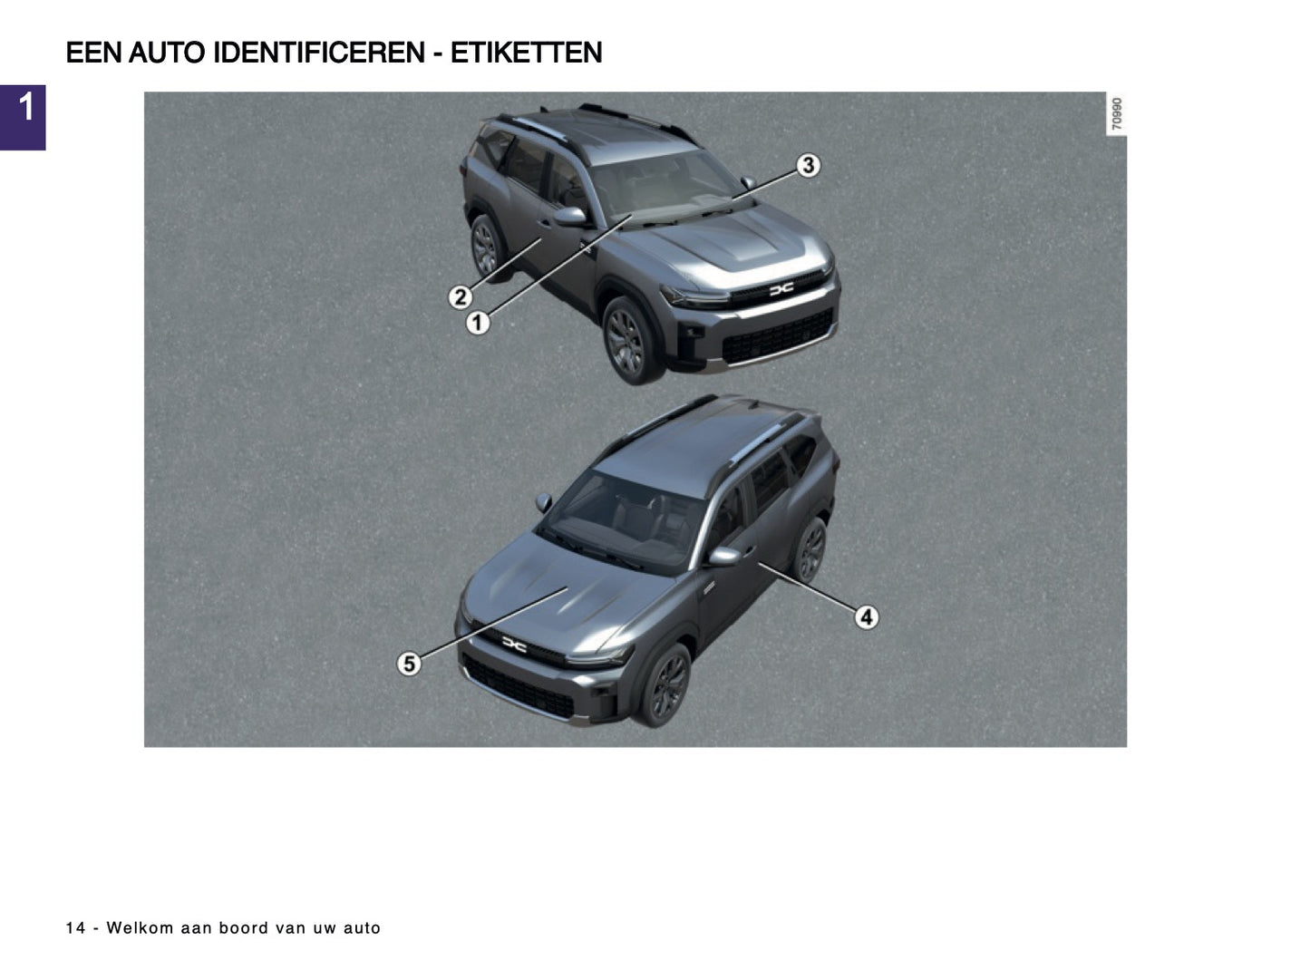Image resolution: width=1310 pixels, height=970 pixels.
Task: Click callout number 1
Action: click(x=478, y=322)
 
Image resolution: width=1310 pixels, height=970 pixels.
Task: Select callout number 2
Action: click(x=461, y=296)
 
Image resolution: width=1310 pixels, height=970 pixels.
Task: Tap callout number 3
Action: click(x=808, y=165)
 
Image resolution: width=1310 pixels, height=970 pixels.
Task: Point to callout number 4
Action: click(x=867, y=617)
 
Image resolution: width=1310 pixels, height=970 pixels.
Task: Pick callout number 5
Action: click(x=410, y=664)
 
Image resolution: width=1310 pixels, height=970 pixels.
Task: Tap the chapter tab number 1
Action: click(x=24, y=109)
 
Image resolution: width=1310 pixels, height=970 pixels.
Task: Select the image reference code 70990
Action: click(x=1117, y=115)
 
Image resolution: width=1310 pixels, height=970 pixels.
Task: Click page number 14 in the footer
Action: click(x=75, y=928)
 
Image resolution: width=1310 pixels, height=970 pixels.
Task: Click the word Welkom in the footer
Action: click(x=134, y=928)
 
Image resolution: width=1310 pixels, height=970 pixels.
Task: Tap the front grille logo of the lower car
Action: click(x=515, y=645)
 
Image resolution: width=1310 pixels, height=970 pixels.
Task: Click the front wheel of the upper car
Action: click(x=625, y=340)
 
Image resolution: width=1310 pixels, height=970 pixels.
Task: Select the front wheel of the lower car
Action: click(x=669, y=682)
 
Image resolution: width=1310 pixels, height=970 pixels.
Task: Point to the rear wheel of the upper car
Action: click(x=486, y=245)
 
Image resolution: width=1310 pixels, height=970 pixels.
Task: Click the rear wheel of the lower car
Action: click(x=810, y=550)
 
